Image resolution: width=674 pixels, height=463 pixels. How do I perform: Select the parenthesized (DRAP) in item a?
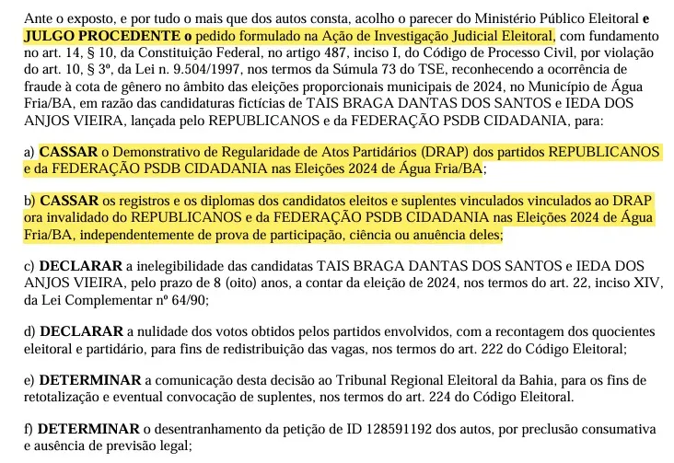point(448,151)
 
